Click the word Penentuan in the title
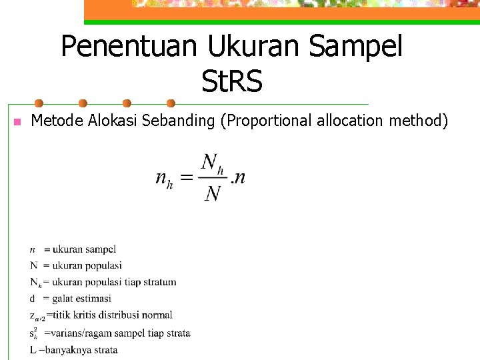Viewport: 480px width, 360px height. pos(129,47)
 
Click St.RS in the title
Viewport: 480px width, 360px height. pos(231,82)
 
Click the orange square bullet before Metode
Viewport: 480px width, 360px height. pos(17,123)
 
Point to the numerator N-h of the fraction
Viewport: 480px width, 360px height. pos(211,163)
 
